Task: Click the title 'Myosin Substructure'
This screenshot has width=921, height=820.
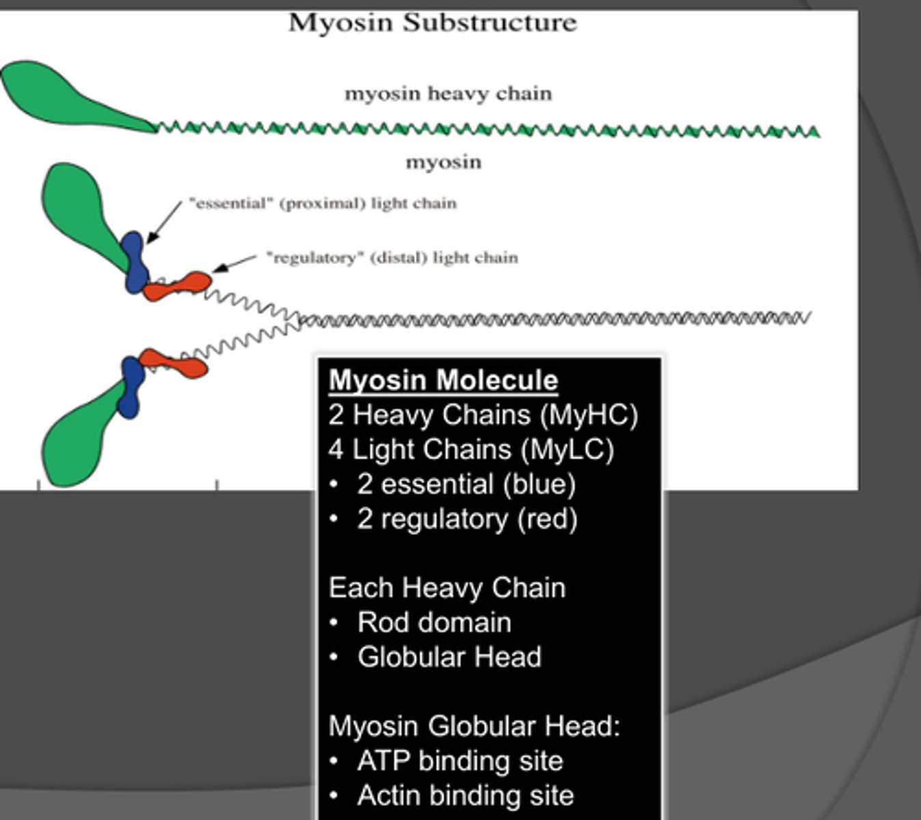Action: (x=432, y=23)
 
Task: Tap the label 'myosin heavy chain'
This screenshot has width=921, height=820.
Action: (x=448, y=93)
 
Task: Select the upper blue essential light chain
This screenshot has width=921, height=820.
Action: (x=135, y=262)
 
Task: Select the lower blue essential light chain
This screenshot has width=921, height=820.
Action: (x=131, y=387)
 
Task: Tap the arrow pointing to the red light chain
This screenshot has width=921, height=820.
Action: (x=234, y=264)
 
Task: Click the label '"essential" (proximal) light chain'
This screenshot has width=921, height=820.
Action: (x=322, y=203)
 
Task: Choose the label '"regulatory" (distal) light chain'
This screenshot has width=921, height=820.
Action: (x=392, y=258)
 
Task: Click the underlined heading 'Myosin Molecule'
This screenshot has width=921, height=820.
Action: (x=443, y=380)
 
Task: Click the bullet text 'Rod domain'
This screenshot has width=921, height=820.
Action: (x=434, y=623)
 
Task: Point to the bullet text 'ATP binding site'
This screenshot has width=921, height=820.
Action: (x=460, y=761)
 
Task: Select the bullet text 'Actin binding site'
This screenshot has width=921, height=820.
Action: (x=465, y=795)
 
